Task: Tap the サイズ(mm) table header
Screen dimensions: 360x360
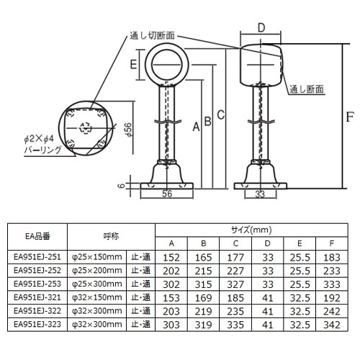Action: click(x=251, y=230)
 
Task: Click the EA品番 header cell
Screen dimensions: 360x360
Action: click(x=37, y=235)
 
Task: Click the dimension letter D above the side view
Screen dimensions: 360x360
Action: click(x=261, y=28)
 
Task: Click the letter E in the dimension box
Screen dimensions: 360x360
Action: click(x=134, y=63)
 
